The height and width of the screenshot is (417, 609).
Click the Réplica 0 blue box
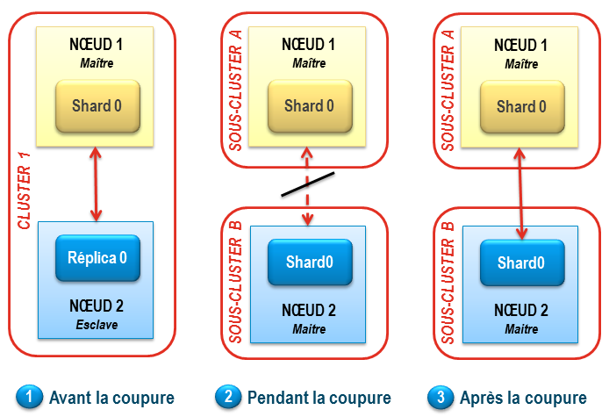click(x=97, y=257)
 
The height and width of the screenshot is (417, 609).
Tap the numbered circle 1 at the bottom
click(x=30, y=397)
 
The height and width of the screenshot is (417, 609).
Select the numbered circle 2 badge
click(x=229, y=397)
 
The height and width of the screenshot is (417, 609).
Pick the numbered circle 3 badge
click(x=441, y=397)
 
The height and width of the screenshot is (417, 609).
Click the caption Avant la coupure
click(x=111, y=398)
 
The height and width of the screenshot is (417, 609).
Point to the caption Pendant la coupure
click(x=319, y=398)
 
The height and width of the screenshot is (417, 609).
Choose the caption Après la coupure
click(x=523, y=398)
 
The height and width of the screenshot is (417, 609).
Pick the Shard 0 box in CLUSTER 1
click(x=97, y=106)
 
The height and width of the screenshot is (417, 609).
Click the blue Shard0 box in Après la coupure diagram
click(x=521, y=262)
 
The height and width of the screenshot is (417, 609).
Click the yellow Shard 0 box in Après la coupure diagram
click(x=521, y=106)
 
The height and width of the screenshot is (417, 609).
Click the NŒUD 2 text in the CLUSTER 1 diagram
click(x=97, y=306)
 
